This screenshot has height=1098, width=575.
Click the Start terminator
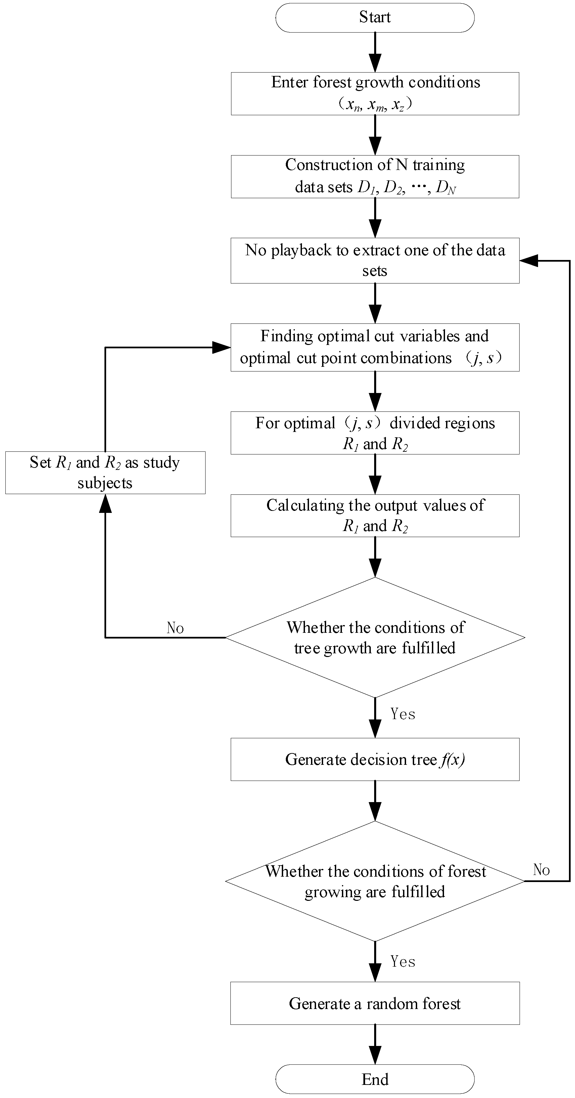[375, 17]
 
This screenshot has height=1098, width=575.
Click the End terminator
[375, 1079]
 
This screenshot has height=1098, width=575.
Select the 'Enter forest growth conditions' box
[375, 93]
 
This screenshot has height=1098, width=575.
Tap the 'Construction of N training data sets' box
[375, 176]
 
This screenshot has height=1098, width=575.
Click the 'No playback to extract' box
[375, 260]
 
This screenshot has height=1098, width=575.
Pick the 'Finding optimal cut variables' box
[375, 347]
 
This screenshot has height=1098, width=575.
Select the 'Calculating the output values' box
[375, 515]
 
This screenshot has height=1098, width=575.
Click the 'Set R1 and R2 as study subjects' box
[105, 473]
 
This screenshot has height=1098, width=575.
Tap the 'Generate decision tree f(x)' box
[375, 759]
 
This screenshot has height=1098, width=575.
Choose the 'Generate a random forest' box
[375, 1003]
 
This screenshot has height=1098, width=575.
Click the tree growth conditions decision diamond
[375, 637]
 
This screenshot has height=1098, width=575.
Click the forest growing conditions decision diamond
[375, 881]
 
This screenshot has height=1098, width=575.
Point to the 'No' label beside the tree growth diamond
[175, 628]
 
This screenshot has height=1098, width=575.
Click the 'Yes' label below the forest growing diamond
[403, 961]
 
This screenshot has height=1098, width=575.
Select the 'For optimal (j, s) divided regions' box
[375, 433]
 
